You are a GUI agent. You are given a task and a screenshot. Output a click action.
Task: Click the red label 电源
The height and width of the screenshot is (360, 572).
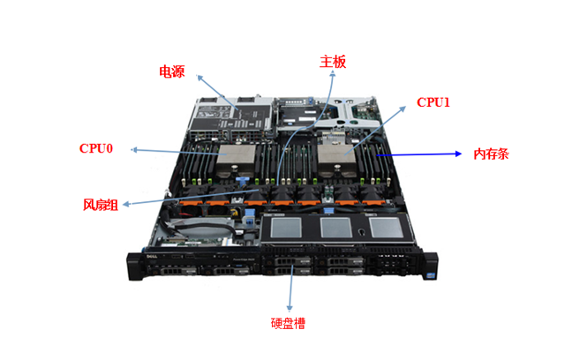pyautogui.click(x=172, y=71)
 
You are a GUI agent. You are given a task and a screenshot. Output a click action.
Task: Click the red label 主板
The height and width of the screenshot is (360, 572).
pyautogui.click(x=332, y=62)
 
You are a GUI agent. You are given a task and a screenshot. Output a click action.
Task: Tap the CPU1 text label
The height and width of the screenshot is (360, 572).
pyautogui.click(x=433, y=102)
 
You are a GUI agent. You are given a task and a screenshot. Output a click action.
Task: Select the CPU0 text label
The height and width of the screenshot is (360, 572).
pyautogui.click(x=96, y=148)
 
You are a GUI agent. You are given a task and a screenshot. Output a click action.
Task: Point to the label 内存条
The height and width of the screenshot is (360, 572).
pyautogui.click(x=491, y=154)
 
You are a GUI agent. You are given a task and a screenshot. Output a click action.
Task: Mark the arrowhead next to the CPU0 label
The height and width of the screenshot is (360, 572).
pyautogui.click(x=134, y=150)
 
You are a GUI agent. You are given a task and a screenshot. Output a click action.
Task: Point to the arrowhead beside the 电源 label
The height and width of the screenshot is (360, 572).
pyautogui.click(x=199, y=76)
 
